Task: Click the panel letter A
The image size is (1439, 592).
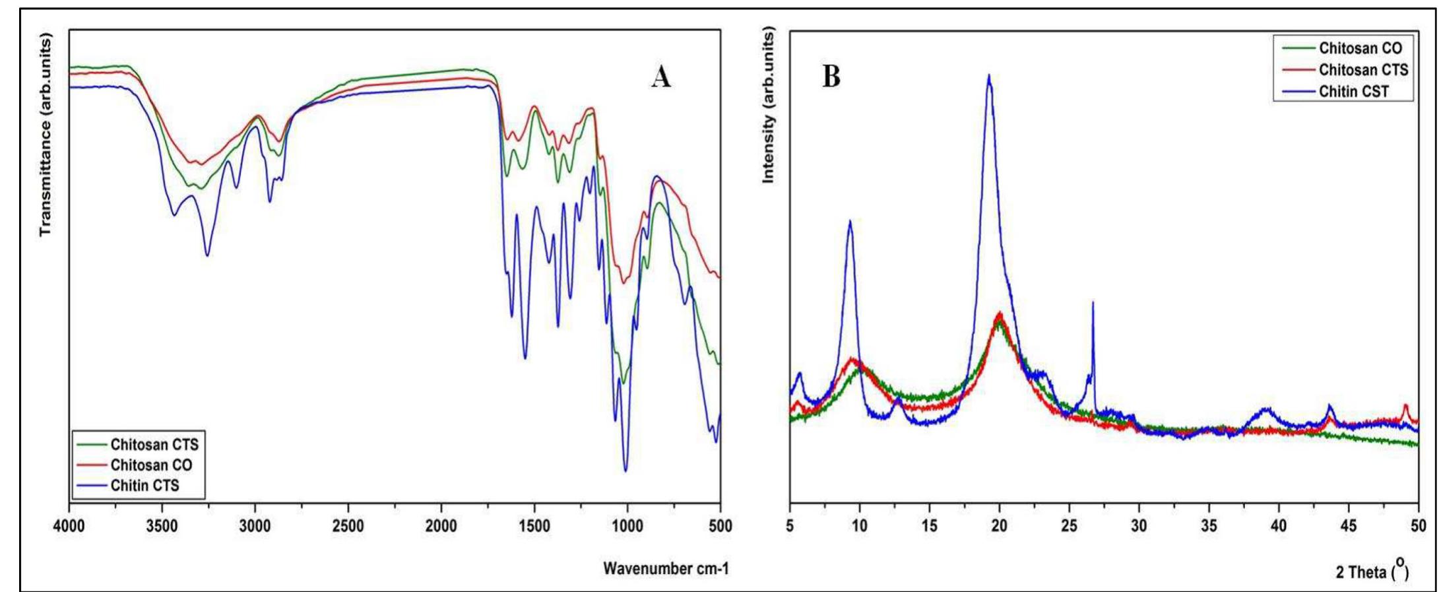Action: [661, 78]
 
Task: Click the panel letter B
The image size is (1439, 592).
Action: [831, 78]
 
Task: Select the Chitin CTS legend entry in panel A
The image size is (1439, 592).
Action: [144, 486]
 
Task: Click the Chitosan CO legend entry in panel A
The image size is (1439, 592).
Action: [151, 465]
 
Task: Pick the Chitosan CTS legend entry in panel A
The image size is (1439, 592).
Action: [154, 444]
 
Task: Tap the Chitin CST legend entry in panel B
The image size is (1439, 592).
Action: [1354, 92]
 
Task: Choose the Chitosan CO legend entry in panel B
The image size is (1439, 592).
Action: [1360, 48]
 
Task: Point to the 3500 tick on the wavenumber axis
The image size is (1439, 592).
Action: [162, 525]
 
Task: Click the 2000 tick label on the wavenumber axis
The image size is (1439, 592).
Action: [441, 525]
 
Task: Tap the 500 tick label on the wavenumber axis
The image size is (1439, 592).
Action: [720, 525]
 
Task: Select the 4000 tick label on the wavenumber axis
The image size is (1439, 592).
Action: [69, 525]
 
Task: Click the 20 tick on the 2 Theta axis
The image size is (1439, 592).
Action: [1000, 525]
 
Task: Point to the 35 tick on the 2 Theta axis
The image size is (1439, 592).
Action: [1209, 525]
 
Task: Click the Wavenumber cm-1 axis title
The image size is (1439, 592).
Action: [666, 568]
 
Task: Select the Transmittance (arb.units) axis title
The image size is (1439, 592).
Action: [46, 137]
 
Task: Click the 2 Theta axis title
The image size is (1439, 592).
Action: [1372, 572]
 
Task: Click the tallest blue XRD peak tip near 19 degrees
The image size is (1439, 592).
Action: [988, 75]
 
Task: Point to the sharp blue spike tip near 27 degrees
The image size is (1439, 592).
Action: [1093, 303]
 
